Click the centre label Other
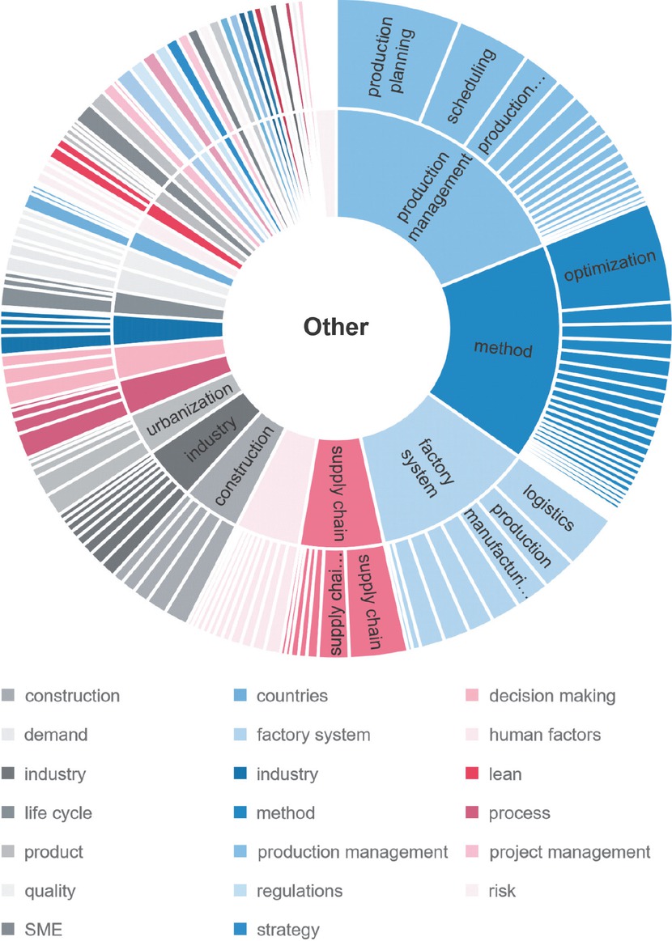pyautogui.click(x=335, y=327)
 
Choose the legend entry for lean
pyautogui.click(x=505, y=774)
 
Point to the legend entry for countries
pyautogui.click(x=291, y=696)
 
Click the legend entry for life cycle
pyautogui.click(x=57, y=813)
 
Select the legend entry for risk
pyautogui.click(x=502, y=891)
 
